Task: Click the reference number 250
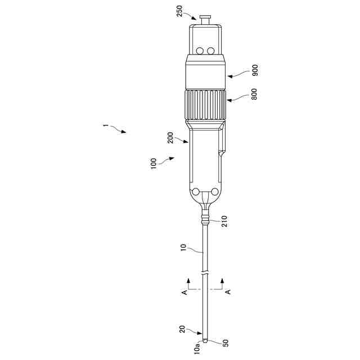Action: [x=179, y=11]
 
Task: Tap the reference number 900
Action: [x=255, y=70]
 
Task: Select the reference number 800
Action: [x=254, y=94]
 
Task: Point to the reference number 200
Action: [x=171, y=137]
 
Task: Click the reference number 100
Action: [x=154, y=164]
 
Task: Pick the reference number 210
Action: [x=224, y=221]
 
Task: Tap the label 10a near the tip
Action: [x=197, y=350]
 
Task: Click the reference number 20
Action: [x=182, y=329]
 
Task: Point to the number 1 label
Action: [x=105, y=125]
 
